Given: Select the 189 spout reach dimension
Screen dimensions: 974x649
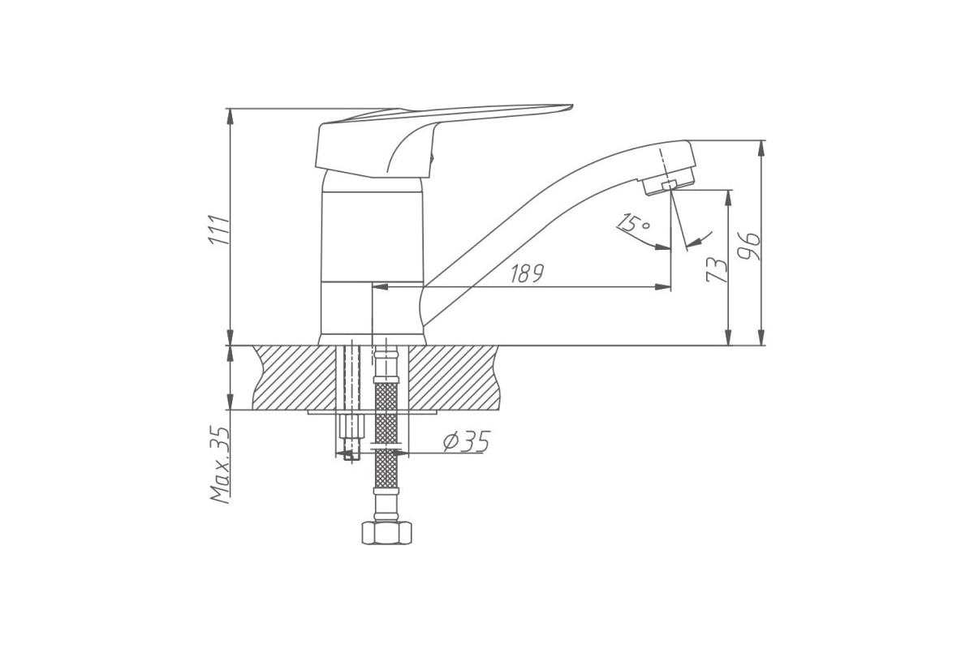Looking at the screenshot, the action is click(527, 273).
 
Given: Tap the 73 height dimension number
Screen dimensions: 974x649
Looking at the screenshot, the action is click(716, 269).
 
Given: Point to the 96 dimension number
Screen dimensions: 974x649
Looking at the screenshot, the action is click(750, 247).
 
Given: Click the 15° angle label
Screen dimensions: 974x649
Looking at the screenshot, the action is click(635, 223).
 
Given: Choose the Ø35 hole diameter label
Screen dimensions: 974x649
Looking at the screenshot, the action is click(467, 441).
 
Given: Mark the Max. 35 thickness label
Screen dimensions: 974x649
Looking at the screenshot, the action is click(220, 465).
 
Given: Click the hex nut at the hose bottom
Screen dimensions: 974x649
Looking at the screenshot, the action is click(386, 532).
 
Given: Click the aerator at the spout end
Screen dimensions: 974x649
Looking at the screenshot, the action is click(669, 183).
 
